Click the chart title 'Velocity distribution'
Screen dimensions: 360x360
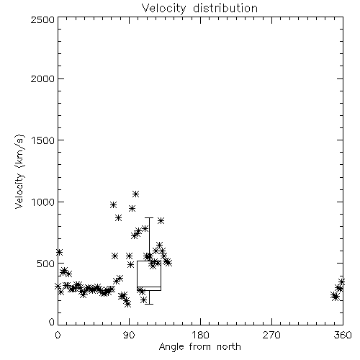[199, 9]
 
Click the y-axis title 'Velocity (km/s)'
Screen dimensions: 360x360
[19, 171]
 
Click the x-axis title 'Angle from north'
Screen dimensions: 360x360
[199, 347]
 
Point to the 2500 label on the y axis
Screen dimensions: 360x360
[42, 19]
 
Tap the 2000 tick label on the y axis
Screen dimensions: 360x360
[42, 78]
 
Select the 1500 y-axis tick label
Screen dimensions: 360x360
[43, 140]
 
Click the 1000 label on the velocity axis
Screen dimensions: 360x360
[43, 202]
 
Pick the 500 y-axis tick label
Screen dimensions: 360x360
[46, 264]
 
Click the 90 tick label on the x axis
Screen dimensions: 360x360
[130, 335]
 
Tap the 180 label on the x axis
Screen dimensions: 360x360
[200, 335]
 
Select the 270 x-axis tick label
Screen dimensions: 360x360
[271, 335]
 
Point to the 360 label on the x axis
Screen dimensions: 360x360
[343, 335]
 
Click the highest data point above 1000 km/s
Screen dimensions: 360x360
[136, 194]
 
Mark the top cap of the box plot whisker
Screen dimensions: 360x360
[149, 217]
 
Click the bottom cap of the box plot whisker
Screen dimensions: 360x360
[149, 304]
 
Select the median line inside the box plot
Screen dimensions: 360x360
[149, 287]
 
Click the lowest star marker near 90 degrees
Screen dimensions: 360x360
[128, 304]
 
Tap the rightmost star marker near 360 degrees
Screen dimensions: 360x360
[341, 282]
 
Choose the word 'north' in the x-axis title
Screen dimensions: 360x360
[229, 347]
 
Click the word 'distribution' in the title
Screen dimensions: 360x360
[225, 9]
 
